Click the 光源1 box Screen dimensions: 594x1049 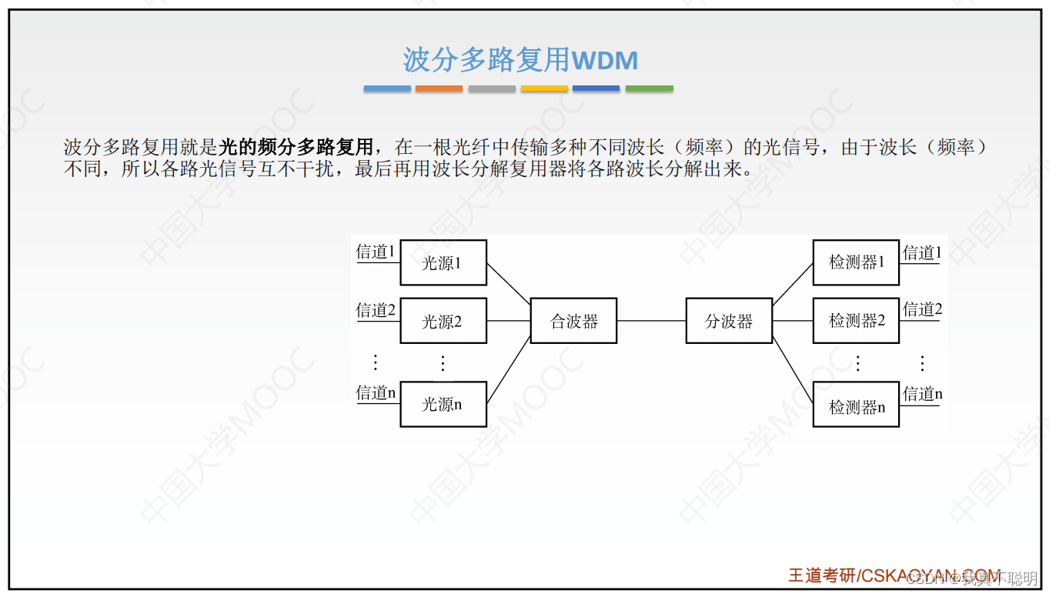(443, 262)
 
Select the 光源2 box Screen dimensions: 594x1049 (443, 321)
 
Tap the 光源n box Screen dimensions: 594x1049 (443, 404)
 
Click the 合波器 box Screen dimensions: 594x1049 (573, 321)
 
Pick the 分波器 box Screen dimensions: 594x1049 (729, 321)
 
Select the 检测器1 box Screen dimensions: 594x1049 (856, 262)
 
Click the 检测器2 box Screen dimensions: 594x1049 (856, 321)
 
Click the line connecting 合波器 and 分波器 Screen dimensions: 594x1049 (651, 321)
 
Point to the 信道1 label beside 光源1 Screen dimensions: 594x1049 (376, 252)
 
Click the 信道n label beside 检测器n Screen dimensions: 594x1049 (922, 395)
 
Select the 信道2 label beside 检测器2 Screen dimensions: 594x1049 (922, 310)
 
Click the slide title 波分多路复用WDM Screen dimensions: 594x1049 (520, 60)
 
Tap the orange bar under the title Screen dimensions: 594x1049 (439, 88)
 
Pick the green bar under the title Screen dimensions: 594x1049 (649, 88)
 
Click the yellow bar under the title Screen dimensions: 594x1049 (544, 88)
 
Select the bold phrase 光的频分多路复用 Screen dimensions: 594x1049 (296, 146)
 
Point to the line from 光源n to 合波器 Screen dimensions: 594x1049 (509, 370)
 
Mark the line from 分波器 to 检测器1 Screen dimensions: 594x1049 (793, 284)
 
